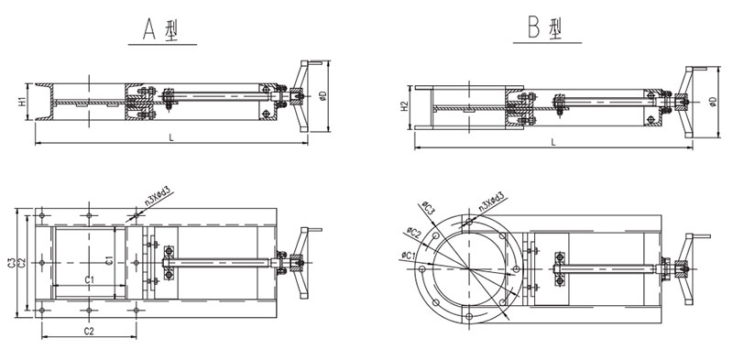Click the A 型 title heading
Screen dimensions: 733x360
pos(161,30)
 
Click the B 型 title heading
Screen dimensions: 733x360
pos(545,28)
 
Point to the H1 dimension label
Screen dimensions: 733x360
pos(22,103)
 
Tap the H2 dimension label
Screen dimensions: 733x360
pos(405,108)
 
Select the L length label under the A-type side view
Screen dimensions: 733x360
pos(171,137)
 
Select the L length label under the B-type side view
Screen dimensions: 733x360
pos(553,142)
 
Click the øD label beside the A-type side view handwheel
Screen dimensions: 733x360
pos(323,96)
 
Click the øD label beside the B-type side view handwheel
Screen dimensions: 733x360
pos(712,102)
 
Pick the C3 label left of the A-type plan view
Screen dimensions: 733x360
pos(11,263)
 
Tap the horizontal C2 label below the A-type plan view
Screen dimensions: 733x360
pos(89,332)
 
